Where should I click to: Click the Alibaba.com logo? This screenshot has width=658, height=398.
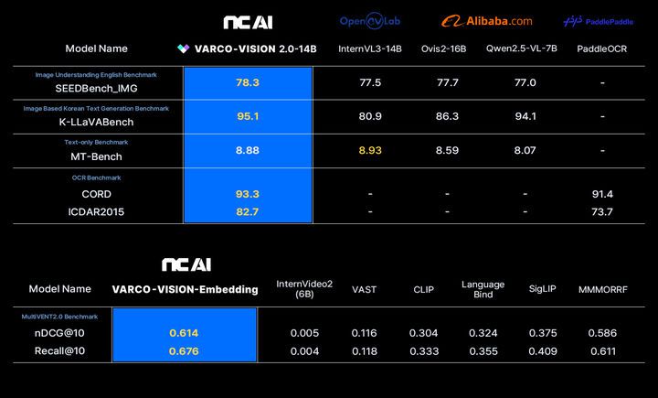[x=486, y=21]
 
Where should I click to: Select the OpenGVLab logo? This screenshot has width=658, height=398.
[x=370, y=21]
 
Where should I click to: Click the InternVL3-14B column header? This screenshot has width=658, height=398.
[x=370, y=48]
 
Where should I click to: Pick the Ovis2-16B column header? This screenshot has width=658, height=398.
[x=447, y=48]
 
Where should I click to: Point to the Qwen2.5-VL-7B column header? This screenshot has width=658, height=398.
[x=525, y=48]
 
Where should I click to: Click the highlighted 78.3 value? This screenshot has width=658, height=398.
[x=248, y=82]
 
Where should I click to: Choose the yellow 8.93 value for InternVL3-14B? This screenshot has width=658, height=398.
[x=370, y=150]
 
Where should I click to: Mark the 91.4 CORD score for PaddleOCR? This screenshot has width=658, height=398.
[x=602, y=194]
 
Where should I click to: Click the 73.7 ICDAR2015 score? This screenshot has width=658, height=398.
[x=602, y=211]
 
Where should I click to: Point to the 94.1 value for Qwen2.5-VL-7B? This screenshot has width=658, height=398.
[x=525, y=116]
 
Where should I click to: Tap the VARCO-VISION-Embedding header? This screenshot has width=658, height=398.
[x=185, y=289]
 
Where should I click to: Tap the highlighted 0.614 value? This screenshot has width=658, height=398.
[x=184, y=333]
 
